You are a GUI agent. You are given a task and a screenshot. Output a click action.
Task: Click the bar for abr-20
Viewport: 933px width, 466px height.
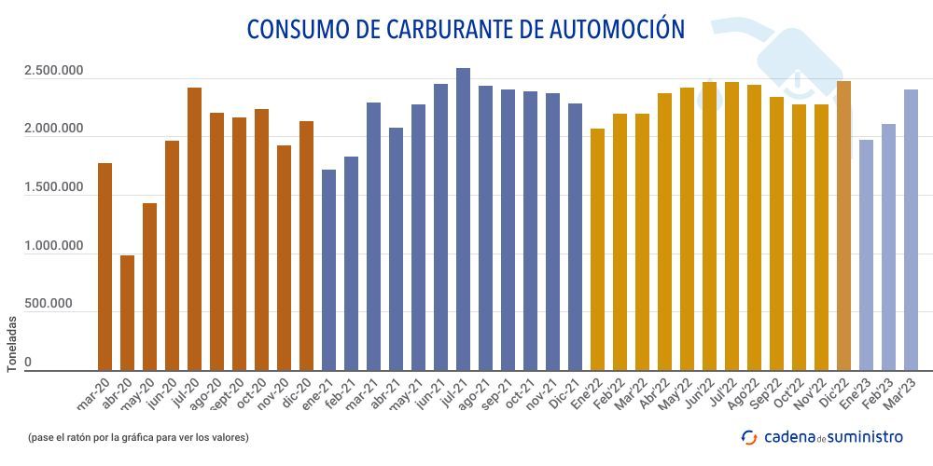[x=127, y=313]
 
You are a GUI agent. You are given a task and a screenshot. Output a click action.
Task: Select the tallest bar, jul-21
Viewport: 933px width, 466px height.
[x=463, y=220]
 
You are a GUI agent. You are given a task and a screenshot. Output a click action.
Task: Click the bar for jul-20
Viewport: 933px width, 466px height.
[x=194, y=229]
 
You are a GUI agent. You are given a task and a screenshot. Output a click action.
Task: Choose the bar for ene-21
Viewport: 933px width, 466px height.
[x=328, y=270]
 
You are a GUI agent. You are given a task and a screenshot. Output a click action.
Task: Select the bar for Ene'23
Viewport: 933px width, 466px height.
[x=866, y=255]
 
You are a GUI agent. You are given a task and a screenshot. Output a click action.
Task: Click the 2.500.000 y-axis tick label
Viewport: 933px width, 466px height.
[x=54, y=72]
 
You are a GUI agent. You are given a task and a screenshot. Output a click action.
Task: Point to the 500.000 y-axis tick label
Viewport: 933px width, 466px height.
[x=54, y=304]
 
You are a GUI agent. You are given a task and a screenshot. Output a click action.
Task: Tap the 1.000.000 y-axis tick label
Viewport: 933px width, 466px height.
[x=54, y=246]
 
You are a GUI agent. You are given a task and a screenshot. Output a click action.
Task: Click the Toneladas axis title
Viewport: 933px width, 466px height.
[x=12, y=345]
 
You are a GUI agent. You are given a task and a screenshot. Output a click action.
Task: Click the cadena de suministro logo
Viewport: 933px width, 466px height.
[x=822, y=436]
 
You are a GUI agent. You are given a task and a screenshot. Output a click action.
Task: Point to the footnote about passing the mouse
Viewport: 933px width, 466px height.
[x=138, y=437]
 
